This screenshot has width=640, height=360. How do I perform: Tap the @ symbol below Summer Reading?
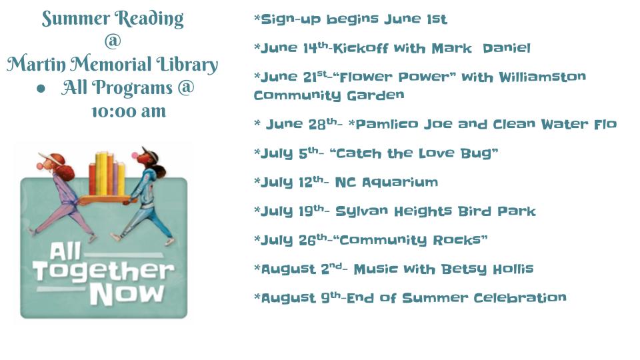113,41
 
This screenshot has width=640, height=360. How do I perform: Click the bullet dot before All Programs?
41,89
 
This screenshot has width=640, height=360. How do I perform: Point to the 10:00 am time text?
129,112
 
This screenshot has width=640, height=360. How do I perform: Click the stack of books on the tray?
107,173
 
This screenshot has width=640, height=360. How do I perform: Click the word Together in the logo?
104,271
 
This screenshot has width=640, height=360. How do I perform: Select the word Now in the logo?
127,294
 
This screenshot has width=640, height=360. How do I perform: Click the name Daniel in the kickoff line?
507,48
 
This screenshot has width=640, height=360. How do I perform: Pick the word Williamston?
543,77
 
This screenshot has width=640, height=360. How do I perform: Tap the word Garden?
375,95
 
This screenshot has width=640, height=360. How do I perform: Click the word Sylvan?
361,211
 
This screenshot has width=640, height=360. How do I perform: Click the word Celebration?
520,297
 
